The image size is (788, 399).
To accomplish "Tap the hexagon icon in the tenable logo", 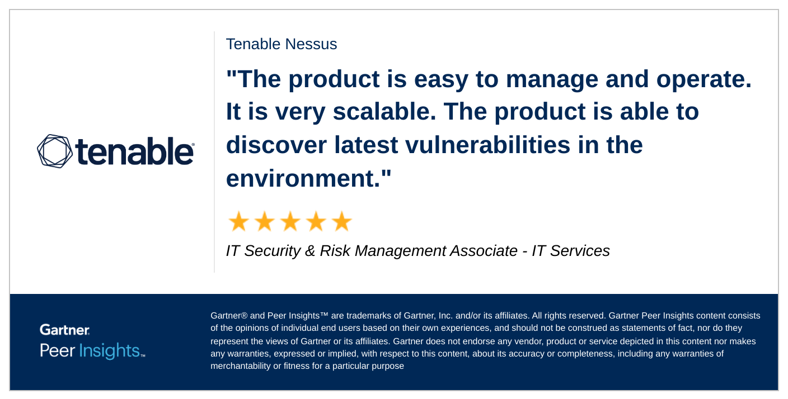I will pos(54,151).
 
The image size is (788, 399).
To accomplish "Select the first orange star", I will pos(238,222).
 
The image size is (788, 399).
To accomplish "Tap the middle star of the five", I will pos(290,222).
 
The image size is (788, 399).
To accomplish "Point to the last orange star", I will pos(341,222).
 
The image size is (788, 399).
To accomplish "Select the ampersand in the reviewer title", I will pos(310,251).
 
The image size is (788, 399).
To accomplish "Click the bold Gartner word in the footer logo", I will pos(64,330).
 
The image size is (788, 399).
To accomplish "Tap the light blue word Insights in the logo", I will pos(110,351).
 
